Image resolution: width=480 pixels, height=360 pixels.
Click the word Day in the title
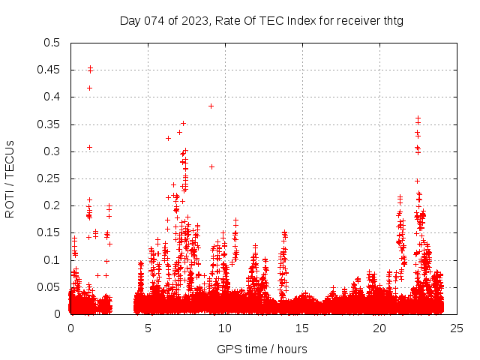click(130, 20)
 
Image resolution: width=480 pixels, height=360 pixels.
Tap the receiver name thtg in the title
click(391, 20)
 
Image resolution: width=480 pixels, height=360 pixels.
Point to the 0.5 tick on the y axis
click(52, 43)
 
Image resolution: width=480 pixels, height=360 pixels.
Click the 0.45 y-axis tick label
click(49, 70)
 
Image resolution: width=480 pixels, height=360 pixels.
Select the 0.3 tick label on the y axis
click(52, 151)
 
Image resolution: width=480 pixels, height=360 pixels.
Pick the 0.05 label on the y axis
click(49, 287)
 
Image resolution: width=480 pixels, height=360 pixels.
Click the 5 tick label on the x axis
click(148, 328)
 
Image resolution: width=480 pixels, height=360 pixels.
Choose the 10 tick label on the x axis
click(225, 328)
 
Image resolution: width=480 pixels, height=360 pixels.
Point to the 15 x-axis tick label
click(302, 328)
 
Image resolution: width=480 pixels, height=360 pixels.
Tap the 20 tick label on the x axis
click(379, 328)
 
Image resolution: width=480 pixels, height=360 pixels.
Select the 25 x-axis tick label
click(457, 328)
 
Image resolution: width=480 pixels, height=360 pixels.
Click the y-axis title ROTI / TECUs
click(10, 178)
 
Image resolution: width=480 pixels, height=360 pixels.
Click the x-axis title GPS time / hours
click(262, 349)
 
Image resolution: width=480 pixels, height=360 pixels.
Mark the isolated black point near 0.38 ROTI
click(211, 106)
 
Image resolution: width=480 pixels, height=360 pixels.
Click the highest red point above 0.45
click(90, 67)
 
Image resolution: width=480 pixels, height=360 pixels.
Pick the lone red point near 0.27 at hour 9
click(211, 166)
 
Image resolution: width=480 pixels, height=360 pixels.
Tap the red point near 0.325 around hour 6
click(168, 138)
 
